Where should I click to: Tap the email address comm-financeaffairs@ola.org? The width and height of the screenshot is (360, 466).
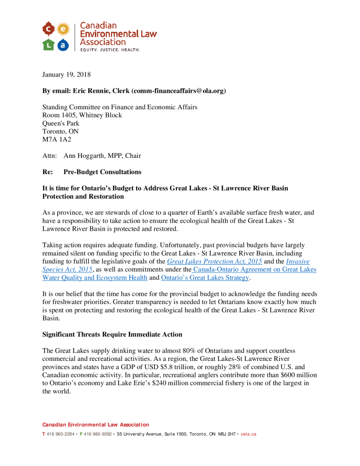pos(178,91)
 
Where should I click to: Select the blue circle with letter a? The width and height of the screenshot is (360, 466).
pos(63,45)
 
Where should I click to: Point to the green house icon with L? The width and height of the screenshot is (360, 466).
pos(48,45)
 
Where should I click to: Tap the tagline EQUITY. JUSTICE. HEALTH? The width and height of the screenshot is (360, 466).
pos(110,49)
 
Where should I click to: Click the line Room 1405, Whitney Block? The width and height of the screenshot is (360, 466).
pos(82,115)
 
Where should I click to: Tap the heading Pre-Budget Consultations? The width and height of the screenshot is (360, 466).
pos(102,172)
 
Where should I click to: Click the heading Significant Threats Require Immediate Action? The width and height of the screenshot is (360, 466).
pos(112,334)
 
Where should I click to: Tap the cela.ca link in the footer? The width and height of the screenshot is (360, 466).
pos(248,434)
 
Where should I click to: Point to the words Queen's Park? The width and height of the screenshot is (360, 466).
pos(61,123)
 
